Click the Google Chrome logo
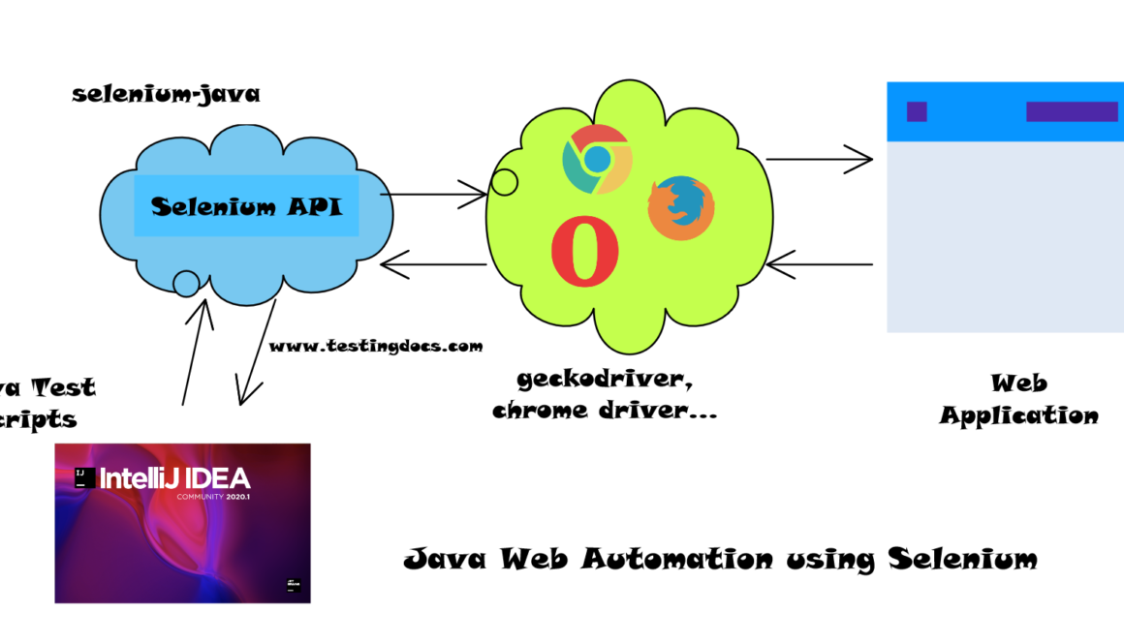pyautogui.click(x=597, y=159)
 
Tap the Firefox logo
pyautogui.click(x=681, y=208)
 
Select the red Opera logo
pyautogui.click(x=584, y=252)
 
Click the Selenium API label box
pyautogui.click(x=246, y=206)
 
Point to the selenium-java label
pyautogui.click(x=166, y=95)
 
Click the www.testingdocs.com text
pyautogui.click(x=375, y=346)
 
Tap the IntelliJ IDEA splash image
pyautogui.click(x=182, y=523)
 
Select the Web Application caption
pyautogui.click(x=1018, y=399)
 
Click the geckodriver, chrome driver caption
pyautogui.click(x=605, y=394)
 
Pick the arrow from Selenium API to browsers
pyautogui.click(x=433, y=195)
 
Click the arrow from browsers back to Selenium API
pyautogui.click(x=433, y=263)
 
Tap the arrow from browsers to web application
pyautogui.click(x=819, y=159)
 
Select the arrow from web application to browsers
pyautogui.click(x=819, y=263)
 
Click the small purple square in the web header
pyautogui.click(x=917, y=111)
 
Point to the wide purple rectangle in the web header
pyautogui.click(x=1072, y=111)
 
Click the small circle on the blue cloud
pyautogui.click(x=186, y=284)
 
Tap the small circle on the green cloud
pyautogui.click(x=504, y=181)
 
